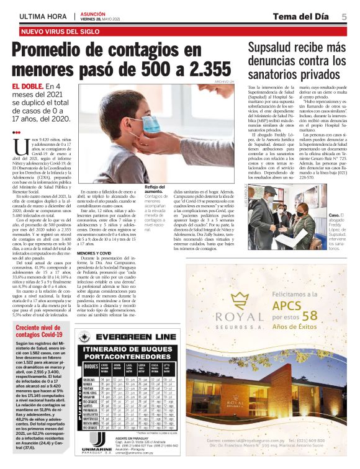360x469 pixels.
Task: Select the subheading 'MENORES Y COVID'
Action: click(94, 253)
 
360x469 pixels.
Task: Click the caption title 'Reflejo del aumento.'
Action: click(155, 190)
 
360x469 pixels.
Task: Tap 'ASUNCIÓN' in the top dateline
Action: click(92, 13)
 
